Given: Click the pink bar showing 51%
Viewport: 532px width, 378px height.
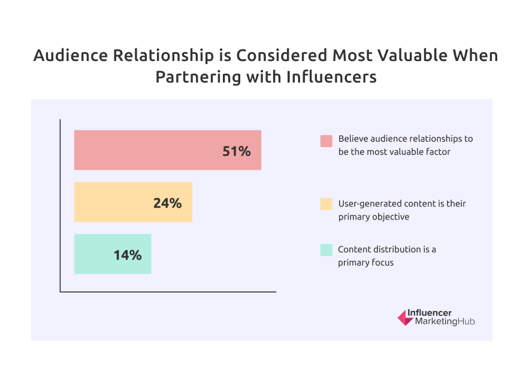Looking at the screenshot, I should pos(150,150).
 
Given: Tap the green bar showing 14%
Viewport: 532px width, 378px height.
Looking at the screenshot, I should pos(96,254).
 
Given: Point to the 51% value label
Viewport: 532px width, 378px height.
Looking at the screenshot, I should pos(236,151).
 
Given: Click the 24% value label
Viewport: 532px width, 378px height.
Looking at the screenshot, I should pos(167,203).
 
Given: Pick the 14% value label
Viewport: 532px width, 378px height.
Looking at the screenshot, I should pos(128,255).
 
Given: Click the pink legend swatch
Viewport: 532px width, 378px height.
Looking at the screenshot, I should pos(326,141).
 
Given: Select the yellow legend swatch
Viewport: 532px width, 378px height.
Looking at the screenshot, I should pos(326,204).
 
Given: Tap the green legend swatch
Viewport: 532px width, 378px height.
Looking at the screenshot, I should pos(326,249).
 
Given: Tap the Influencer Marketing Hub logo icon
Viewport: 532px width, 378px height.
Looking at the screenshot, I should pos(405,317).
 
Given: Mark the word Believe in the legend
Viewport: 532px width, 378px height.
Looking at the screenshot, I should pos(352,138).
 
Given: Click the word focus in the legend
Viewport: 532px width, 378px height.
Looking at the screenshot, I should pos(383,262).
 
